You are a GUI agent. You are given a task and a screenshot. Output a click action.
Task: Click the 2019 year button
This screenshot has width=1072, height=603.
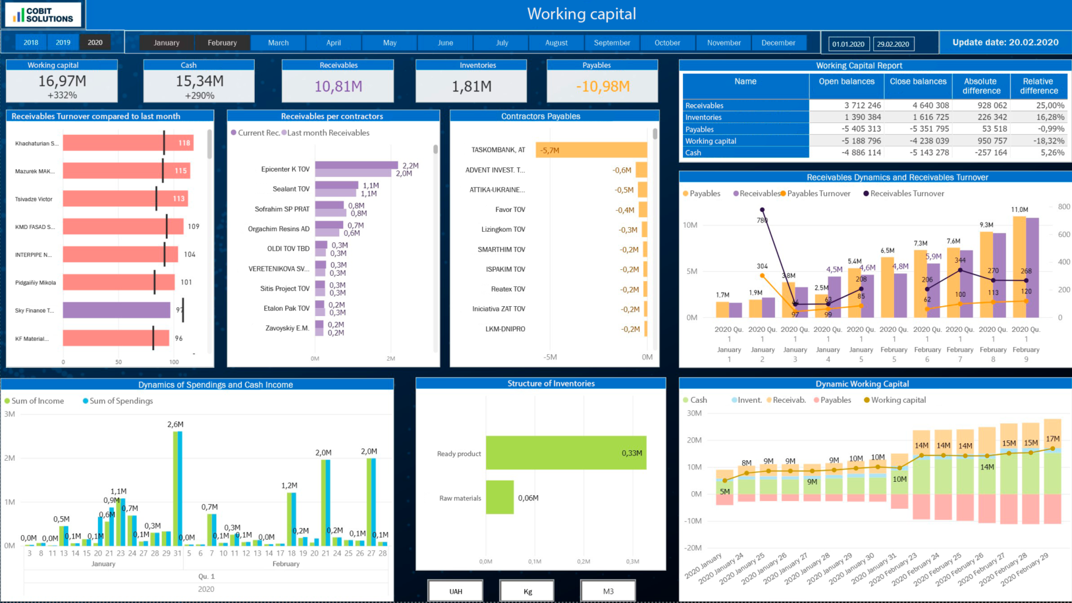63,42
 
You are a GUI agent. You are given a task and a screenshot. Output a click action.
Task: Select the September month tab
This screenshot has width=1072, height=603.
612,43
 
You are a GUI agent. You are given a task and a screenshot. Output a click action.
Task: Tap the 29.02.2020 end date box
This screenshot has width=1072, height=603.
893,44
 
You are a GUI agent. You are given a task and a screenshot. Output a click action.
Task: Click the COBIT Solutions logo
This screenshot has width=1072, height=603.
43,14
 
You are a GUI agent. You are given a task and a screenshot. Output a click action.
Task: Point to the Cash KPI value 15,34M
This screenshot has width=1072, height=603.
200,81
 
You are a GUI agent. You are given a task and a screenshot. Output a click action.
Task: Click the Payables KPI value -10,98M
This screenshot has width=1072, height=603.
603,86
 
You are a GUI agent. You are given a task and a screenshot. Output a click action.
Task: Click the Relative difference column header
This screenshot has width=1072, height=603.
1038,86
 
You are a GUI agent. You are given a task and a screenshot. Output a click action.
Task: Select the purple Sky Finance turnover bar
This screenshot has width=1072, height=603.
117,310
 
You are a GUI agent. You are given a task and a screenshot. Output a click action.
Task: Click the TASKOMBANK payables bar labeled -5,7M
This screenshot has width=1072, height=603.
591,150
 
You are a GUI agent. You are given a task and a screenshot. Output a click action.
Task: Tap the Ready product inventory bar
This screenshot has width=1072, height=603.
566,453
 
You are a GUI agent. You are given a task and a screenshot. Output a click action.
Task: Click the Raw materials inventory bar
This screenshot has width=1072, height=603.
499,498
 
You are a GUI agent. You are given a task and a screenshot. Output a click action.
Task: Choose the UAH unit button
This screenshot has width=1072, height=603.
456,591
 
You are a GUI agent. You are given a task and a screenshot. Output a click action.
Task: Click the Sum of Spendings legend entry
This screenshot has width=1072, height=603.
121,401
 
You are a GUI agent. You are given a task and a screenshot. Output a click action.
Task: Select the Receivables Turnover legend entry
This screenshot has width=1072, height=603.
907,194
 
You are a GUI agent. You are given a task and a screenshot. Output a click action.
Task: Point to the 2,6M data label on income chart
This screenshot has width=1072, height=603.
175,425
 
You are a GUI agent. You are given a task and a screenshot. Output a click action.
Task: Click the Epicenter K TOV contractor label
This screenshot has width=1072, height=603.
285,169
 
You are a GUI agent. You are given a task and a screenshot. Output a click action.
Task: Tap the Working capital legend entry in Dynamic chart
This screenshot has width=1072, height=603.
898,400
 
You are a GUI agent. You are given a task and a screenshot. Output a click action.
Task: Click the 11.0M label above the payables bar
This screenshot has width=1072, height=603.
1019,209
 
